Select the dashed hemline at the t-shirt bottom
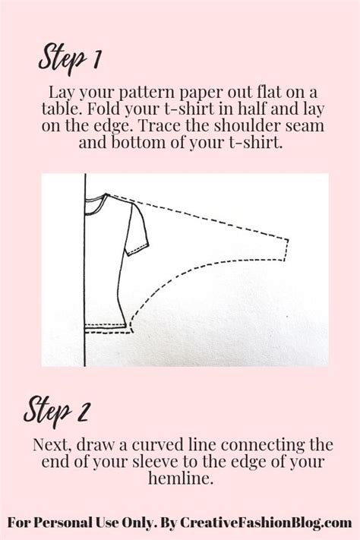tap(106, 329)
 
